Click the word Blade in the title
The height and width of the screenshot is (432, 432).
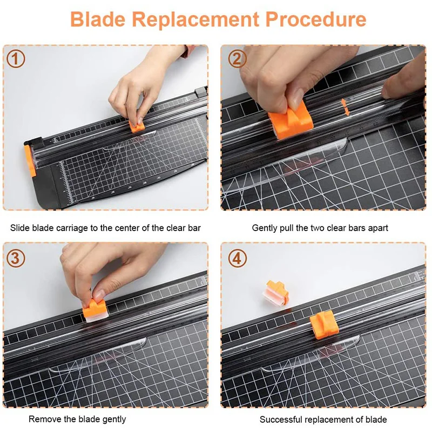pos(98,19)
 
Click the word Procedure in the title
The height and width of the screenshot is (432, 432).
pos(315,19)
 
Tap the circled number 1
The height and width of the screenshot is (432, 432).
pos(16,59)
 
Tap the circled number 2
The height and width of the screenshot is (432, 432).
pos(236,59)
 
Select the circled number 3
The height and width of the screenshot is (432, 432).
pos(16,258)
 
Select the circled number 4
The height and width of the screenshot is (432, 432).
pos(236,258)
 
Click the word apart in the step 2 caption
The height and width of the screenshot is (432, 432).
pos(376,228)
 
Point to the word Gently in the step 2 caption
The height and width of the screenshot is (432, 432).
pos(265,228)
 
